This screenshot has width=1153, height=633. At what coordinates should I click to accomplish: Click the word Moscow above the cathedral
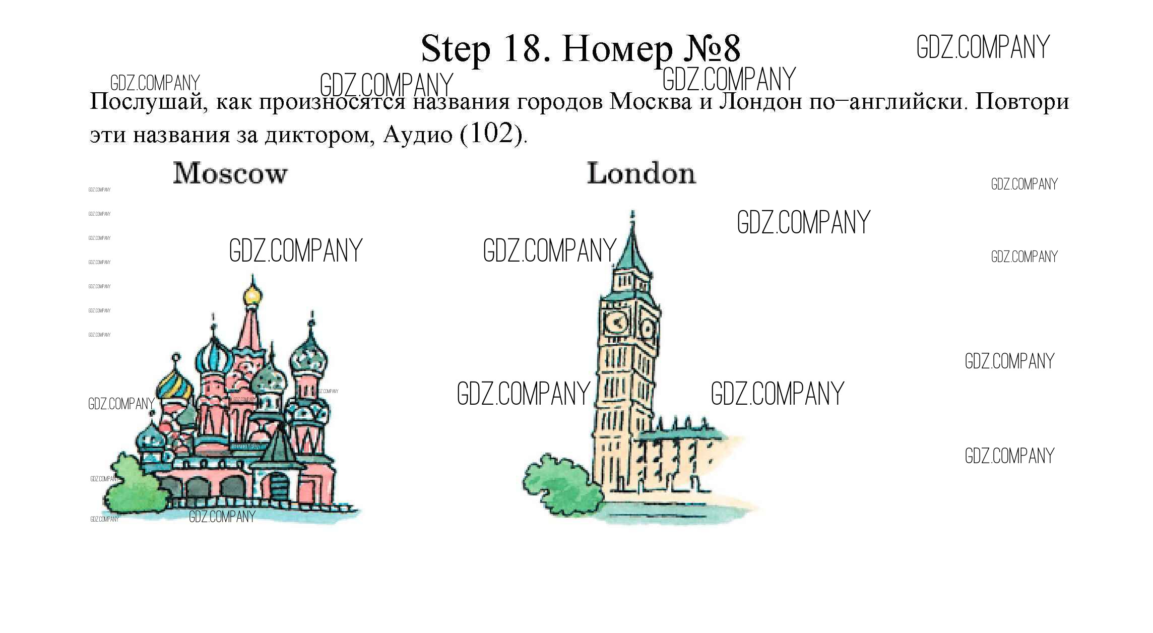(230, 173)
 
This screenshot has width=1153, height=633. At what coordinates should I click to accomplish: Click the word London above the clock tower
(641, 173)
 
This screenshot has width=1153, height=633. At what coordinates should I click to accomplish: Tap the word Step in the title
(455, 49)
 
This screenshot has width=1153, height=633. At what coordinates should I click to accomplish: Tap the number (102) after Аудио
(490, 134)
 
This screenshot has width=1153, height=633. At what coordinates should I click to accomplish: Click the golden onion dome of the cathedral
(252, 295)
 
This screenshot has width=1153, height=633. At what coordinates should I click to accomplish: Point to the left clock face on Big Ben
(615, 322)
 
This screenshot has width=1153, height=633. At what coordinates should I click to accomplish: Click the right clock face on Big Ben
(647, 328)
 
